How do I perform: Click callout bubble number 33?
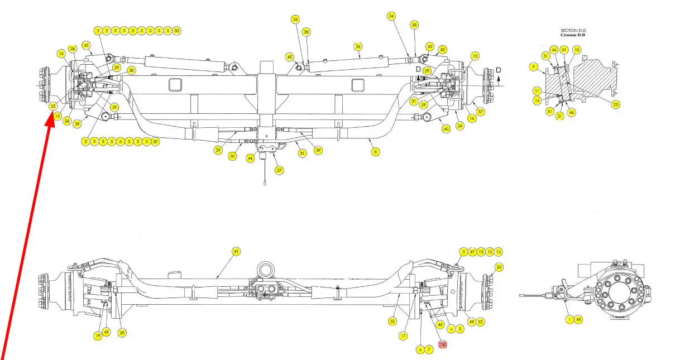(x=295, y=20)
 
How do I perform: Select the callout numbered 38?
(x=307, y=32)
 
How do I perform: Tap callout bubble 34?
(x=391, y=16)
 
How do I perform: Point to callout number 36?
(x=358, y=46)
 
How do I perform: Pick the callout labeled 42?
(x=442, y=50)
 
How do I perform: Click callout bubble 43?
(x=86, y=45)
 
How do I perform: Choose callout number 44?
(x=251, y=159)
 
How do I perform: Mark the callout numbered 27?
(x=279, y=171)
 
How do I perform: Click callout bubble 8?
(x=375, y=151)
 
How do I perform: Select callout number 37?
(x=480, y=112)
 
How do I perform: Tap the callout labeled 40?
(x=446, y=129)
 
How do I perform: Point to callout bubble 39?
(x=77, y=123)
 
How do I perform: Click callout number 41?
(x=236, y=252)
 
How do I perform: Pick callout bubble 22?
(x=499, y=267)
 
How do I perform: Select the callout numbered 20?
(x=122, y=333)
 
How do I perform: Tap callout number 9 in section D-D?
(x=534, y=66)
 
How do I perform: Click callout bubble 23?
(x=616, y=104)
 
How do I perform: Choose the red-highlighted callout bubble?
(x=443, y=345)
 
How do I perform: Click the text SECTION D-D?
(x=573, y=31)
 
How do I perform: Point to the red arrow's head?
(x=51, y=119)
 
